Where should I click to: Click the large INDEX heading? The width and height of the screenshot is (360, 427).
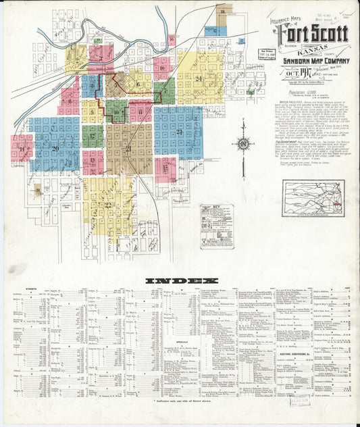(x=182, y=280)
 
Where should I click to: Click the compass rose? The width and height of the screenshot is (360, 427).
(x=243, y=143)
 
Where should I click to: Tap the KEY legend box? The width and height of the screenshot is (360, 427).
(x=217, y=226)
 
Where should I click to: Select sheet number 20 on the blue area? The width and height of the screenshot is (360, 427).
(x=55, y=147)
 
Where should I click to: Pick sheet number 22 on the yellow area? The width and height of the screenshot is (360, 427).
(x=107, y=204)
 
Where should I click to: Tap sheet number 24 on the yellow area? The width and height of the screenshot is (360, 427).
(x=199, y=79)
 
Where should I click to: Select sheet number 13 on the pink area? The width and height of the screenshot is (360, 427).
(x=93, y=161)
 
